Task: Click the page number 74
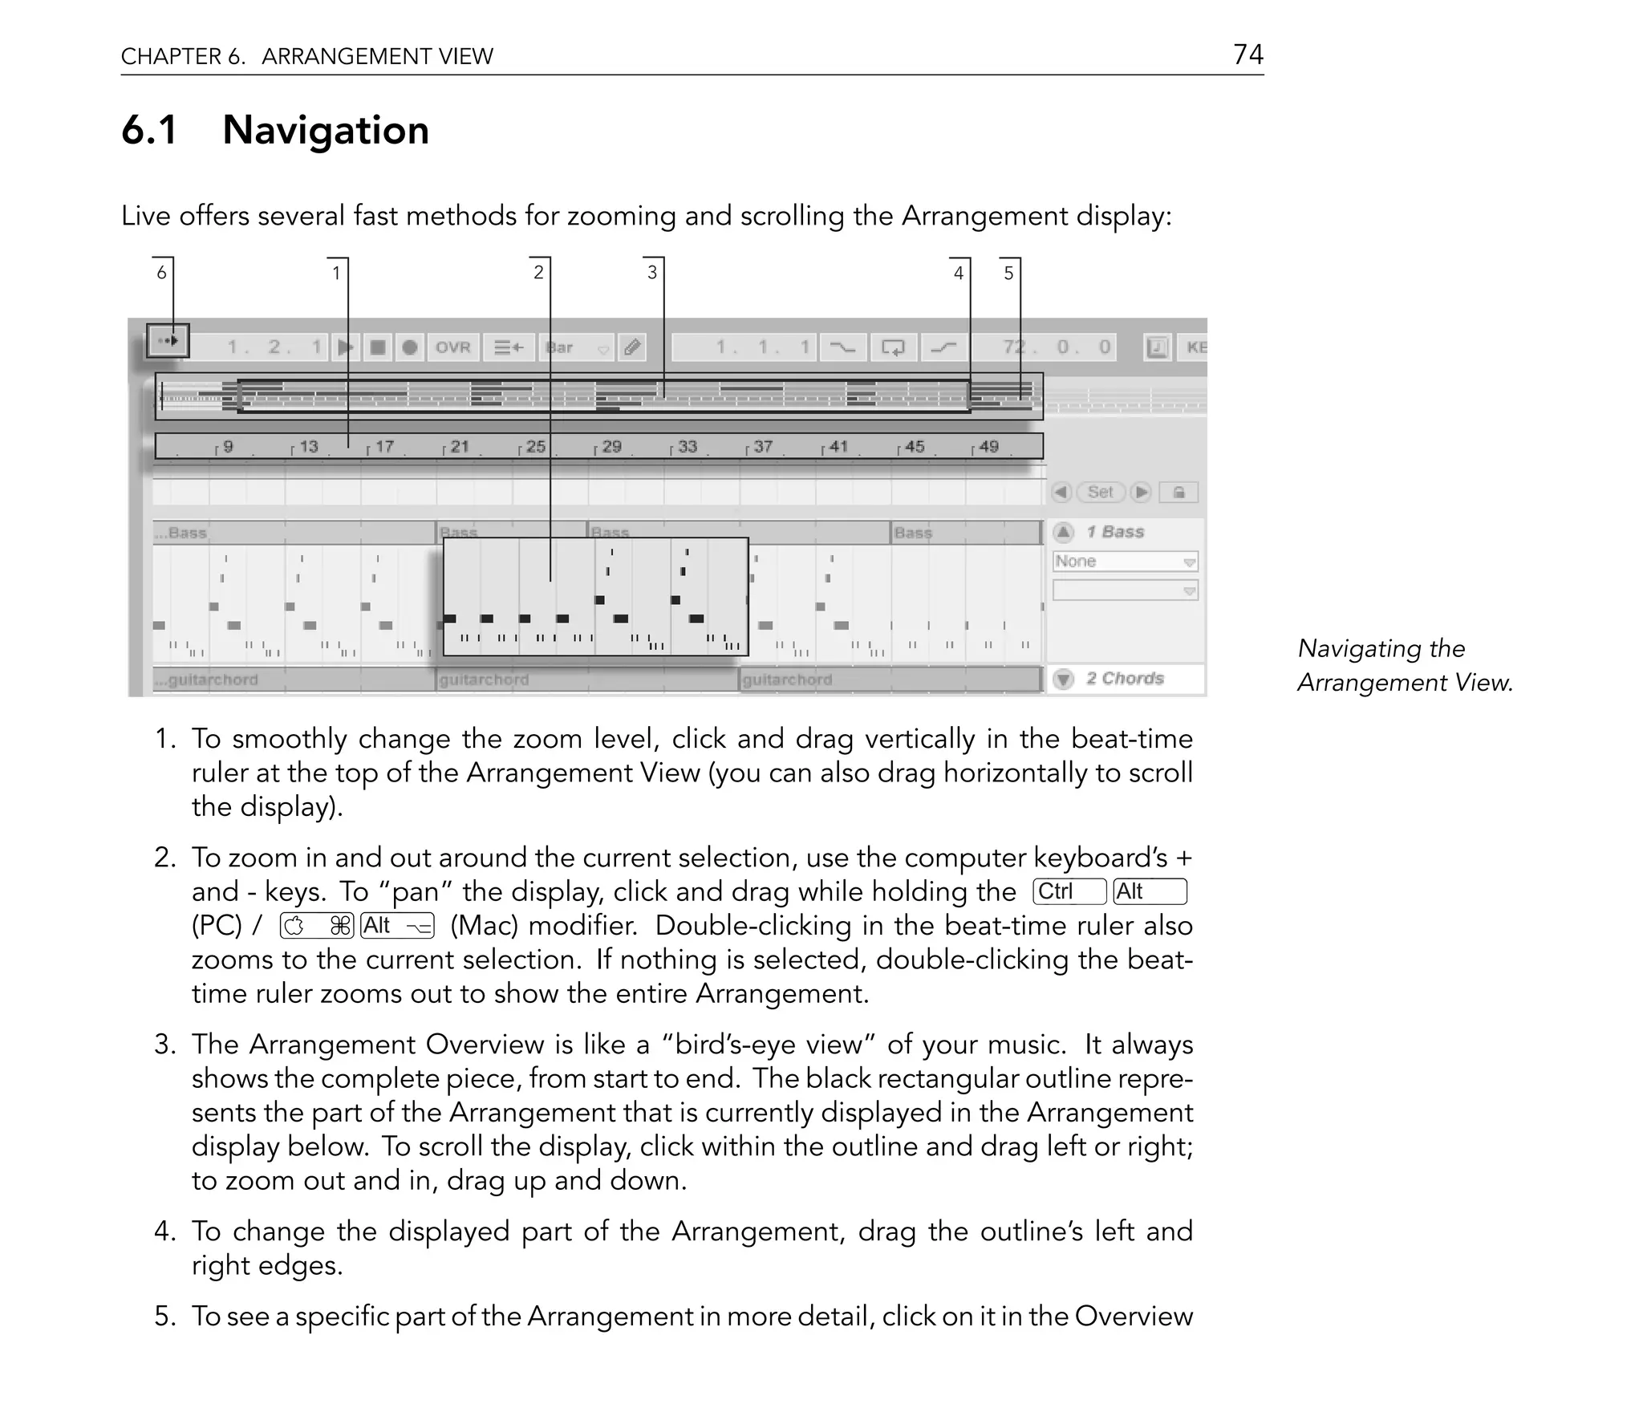click(1247, 55)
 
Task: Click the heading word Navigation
click(325, 130)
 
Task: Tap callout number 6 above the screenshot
click(161, 273)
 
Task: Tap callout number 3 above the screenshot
click(651, 273)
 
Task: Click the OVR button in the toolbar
click(452, 347)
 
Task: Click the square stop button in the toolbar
click(377, 347)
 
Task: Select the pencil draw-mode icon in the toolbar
click(632, 347)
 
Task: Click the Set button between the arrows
click(1100, 492)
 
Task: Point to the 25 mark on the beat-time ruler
click(535, 446)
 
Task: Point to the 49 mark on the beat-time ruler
click(988, 446)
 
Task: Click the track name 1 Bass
click(1114, 532)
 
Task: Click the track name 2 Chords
click(1124, 679)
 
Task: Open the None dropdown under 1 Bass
click(1125, 562)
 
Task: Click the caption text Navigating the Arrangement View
click(1404, 665)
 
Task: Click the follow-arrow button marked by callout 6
click(168, 341)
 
